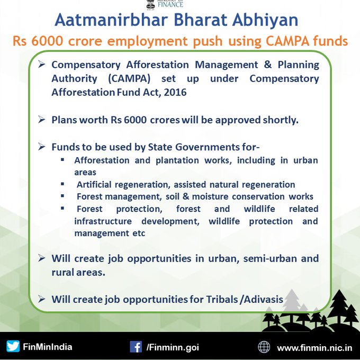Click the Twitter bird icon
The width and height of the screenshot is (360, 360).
tap(13, 346)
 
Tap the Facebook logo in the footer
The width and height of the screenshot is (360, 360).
tap(136, 347)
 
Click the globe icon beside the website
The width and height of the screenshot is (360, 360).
tap(264, 347)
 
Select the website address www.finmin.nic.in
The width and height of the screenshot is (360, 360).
tap(314, 348)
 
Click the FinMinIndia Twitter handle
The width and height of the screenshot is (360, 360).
tap(48, 347)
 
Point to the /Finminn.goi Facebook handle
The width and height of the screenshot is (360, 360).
tap(173, 347)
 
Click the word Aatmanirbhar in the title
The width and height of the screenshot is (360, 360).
tap(111, 20)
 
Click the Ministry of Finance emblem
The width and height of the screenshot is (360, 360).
tap(150, 4)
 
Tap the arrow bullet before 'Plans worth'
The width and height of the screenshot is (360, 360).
tap(41, 120)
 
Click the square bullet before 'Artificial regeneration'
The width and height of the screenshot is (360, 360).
tap(62, 184)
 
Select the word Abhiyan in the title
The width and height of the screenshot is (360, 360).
tap(265, 20)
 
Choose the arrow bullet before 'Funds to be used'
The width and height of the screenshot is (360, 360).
tap(41, 147)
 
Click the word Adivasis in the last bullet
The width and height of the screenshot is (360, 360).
tap(263, 300)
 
